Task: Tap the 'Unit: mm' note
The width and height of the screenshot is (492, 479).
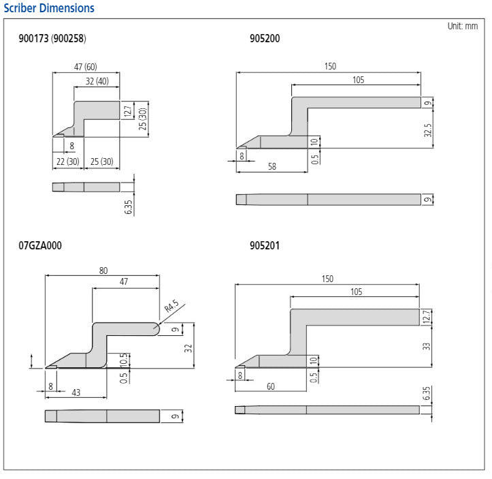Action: point(462,26)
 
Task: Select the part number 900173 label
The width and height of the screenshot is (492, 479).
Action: point(33,39)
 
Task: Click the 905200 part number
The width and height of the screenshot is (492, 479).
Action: point(265,39)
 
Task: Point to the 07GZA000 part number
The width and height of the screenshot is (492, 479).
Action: point(40,245)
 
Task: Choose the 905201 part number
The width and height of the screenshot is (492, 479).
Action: point(265,245)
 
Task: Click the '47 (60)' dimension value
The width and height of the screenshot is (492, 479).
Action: point(85,67)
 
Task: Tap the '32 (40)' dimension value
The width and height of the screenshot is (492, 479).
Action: point(96,80)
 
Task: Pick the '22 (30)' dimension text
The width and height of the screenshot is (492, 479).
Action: point(67,161)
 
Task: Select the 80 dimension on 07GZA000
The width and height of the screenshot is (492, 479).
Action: point(103,271)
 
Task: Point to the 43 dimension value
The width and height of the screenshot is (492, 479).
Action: point(76,393)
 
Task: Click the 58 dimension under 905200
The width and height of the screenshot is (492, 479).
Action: point(272,166)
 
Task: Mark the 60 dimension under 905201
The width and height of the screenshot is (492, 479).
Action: point(270,386)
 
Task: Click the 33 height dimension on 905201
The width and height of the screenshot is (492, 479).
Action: point(427,346)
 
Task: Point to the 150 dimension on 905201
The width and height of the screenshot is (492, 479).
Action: point(327,279)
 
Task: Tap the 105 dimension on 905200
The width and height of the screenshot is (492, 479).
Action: point(358,80)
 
